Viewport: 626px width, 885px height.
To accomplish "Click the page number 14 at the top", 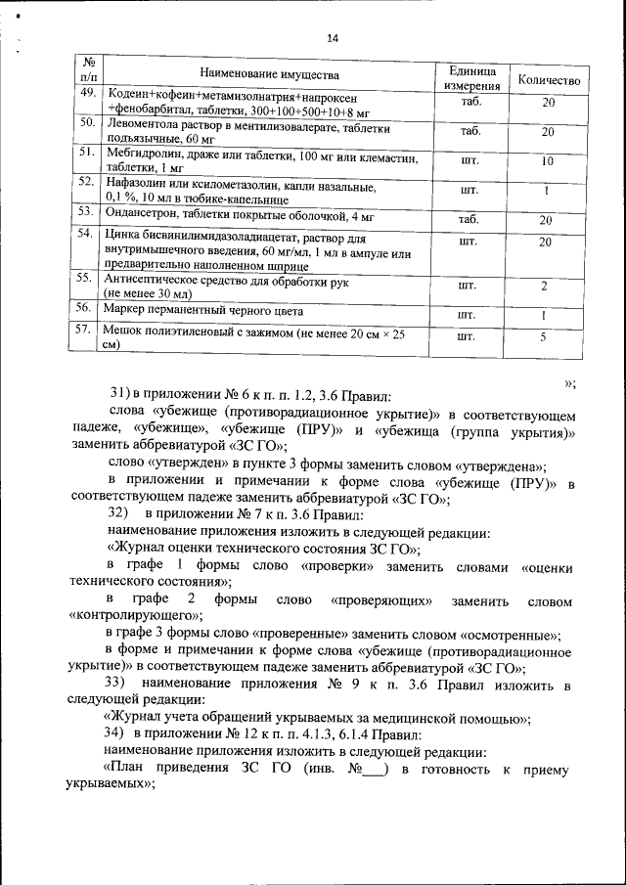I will (333, 38).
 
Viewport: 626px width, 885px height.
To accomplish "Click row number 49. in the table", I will (87, 93).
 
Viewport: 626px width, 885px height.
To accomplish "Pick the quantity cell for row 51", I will (548, 160).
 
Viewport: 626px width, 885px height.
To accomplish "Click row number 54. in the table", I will (86, 234).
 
